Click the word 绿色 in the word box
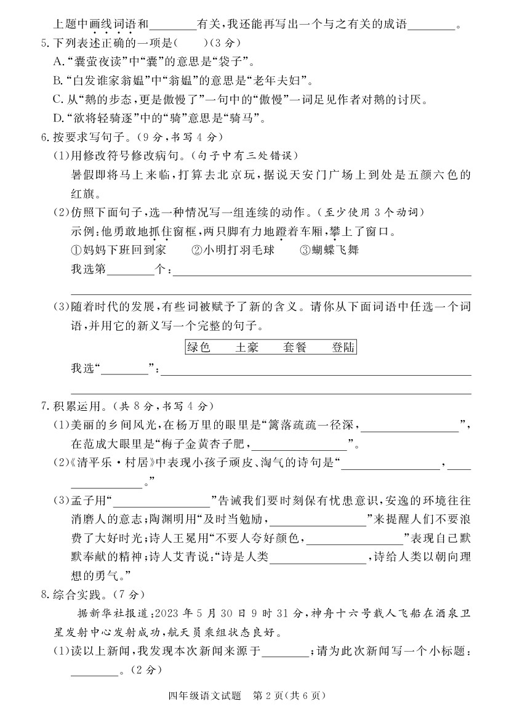click(198, 347)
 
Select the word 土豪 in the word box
click(246, 347)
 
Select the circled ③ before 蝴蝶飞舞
click(305, 250)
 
